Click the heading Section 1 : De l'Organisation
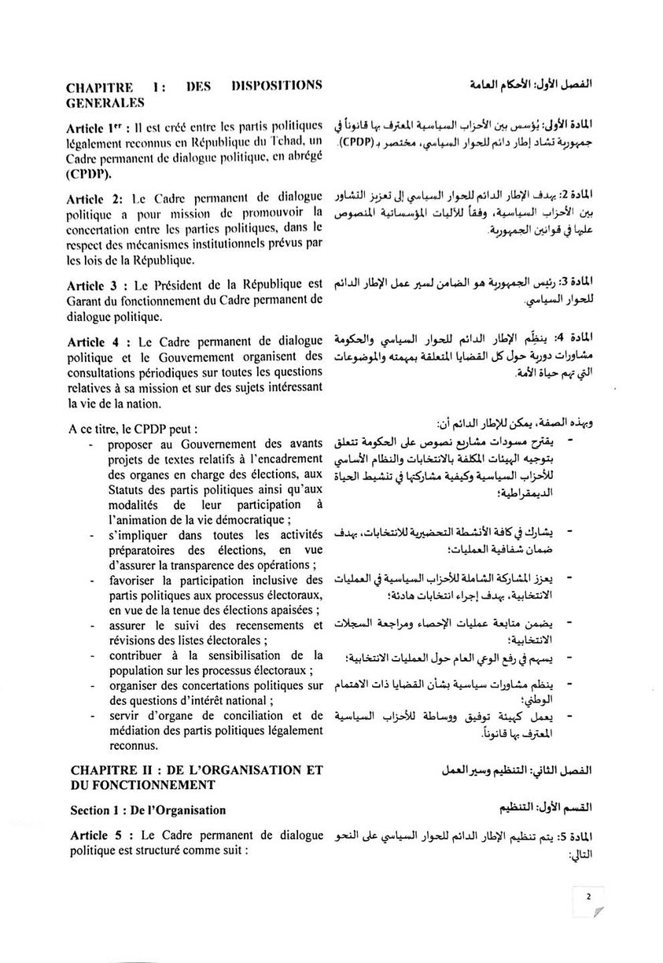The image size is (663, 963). point(148,810)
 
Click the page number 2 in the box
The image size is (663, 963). point(588,895)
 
